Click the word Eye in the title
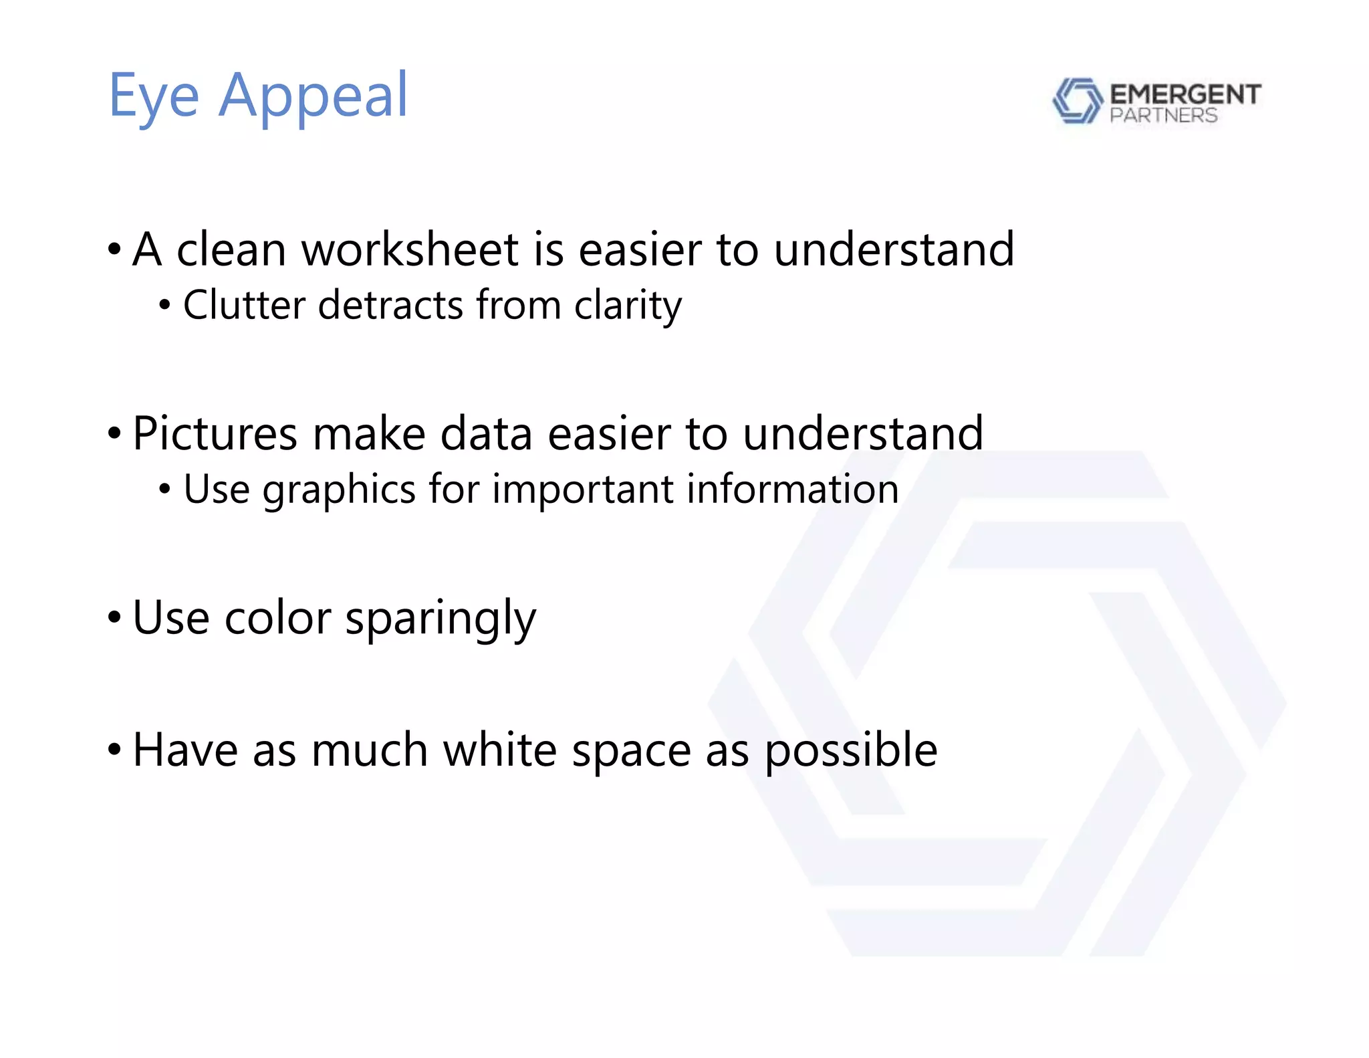[x=154, y=97]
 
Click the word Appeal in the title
[x=313, y=97]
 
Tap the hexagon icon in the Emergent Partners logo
[x=1077, y=100]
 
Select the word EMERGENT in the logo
[x=1185, y=94]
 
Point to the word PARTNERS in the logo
[x=1163, y=116]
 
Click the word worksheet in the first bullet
[x=410, y=249]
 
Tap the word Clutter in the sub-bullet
[x=245, y=305]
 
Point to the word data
[x=487, y=433]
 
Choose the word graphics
[x=340, y=490]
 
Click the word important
[x=582, y=490]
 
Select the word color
[x=277, y=617]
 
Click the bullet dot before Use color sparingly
[x=114, y=617]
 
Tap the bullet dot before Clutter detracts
[x=165, y=306]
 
